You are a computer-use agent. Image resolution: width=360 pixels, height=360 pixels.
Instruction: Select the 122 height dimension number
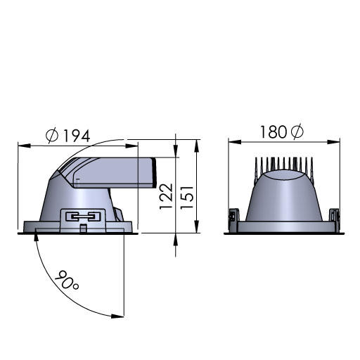point(166,196)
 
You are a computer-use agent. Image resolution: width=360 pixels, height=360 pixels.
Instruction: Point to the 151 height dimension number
point(187,198)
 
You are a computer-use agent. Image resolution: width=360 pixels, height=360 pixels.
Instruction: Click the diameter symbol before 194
point(51,136)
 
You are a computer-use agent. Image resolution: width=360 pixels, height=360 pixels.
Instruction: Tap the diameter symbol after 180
point(297,132)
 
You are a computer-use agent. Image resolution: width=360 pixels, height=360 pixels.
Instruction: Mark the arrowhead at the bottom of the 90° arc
point(117,316)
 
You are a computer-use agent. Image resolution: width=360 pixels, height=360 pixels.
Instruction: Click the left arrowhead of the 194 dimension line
point(24,146)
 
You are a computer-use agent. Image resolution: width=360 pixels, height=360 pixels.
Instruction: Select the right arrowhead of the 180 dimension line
point(333,142)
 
